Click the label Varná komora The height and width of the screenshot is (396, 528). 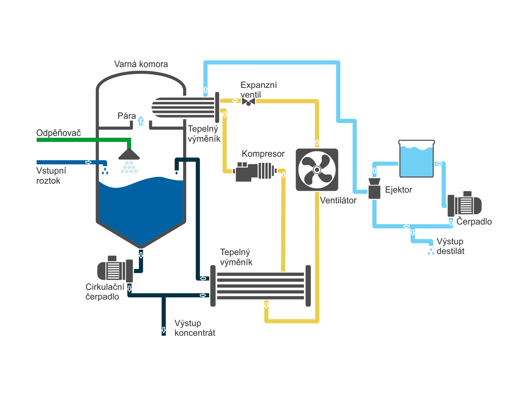(x=141, y=64)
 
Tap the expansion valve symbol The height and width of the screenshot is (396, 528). (x=249, y=102)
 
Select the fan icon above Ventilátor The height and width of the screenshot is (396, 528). (x=317, y=170)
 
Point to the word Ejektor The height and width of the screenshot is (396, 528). (x=398, y=190)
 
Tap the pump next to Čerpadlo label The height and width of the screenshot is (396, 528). (x=464, y=204)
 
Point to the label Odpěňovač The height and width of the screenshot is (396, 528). (x=59, y=133)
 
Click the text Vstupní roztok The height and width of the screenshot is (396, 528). (x=51, y=176)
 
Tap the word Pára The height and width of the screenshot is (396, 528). (x=127, y=116)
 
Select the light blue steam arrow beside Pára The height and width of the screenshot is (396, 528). (x=141, y=121)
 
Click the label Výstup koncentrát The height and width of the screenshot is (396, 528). (x=195, y=328)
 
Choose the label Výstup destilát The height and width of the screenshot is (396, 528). (x=450, y=246)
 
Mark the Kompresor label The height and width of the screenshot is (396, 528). (x=263, y=154)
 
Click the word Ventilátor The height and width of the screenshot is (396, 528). (x=338, y=201)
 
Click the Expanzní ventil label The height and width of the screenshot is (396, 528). (x=259, y=90)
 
